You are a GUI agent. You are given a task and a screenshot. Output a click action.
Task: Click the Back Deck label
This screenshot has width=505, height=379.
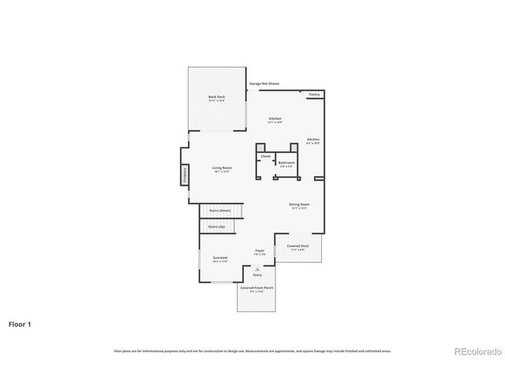pyautogui.click(x=216, y=97)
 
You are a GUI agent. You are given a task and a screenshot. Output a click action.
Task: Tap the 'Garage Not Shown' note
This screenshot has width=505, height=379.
pyautogui.click(x=264, y=83)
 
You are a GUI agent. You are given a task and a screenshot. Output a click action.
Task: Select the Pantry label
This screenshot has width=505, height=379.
pyautogui.click(x=314, y=94)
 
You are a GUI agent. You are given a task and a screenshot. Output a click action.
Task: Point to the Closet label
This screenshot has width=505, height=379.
pyautogui.click(x=265, y=156)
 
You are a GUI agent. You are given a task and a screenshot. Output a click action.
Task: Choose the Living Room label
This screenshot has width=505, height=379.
pyautogui.click(x=221, y=167)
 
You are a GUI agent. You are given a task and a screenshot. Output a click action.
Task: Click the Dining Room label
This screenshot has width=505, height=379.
pyautogui.click(x=299, y=205)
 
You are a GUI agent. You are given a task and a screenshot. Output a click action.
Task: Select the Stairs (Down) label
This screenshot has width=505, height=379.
pyautogui.click(x=220, y=211)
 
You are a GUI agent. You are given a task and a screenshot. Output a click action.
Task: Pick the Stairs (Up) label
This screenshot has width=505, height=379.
pyautogui.click(x=216, y=227)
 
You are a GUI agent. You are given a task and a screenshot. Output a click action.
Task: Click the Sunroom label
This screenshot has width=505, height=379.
pyautogui.click(x=219, y=258)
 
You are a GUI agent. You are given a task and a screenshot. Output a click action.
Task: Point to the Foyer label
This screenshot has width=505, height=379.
pyautogui.click(x=259, y=252)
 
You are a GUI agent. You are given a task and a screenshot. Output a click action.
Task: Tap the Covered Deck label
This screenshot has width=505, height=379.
pyautogui.click(x=299, y=246)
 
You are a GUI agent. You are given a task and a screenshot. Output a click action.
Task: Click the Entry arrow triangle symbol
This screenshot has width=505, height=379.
pyautogui.click(x=257, y=269)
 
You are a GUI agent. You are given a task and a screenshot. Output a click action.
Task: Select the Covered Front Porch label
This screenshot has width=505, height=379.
pyautogui.click(x=257, y=289)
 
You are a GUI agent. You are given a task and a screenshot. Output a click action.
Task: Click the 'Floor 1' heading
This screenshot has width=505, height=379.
pyautogui.click(x=21, y=324)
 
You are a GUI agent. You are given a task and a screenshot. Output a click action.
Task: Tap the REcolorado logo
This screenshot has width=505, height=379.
pyautogui.click(x=476, y=351)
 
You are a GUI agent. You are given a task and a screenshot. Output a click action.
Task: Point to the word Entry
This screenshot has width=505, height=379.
pyautogui.click(x=257, y=275)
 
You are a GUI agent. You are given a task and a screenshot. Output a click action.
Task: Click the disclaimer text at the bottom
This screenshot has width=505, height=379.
pyautogui.click(x=252, y=351)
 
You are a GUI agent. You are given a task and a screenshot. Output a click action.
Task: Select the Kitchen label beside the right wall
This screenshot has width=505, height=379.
pyautogui.click(x=313, y=139)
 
